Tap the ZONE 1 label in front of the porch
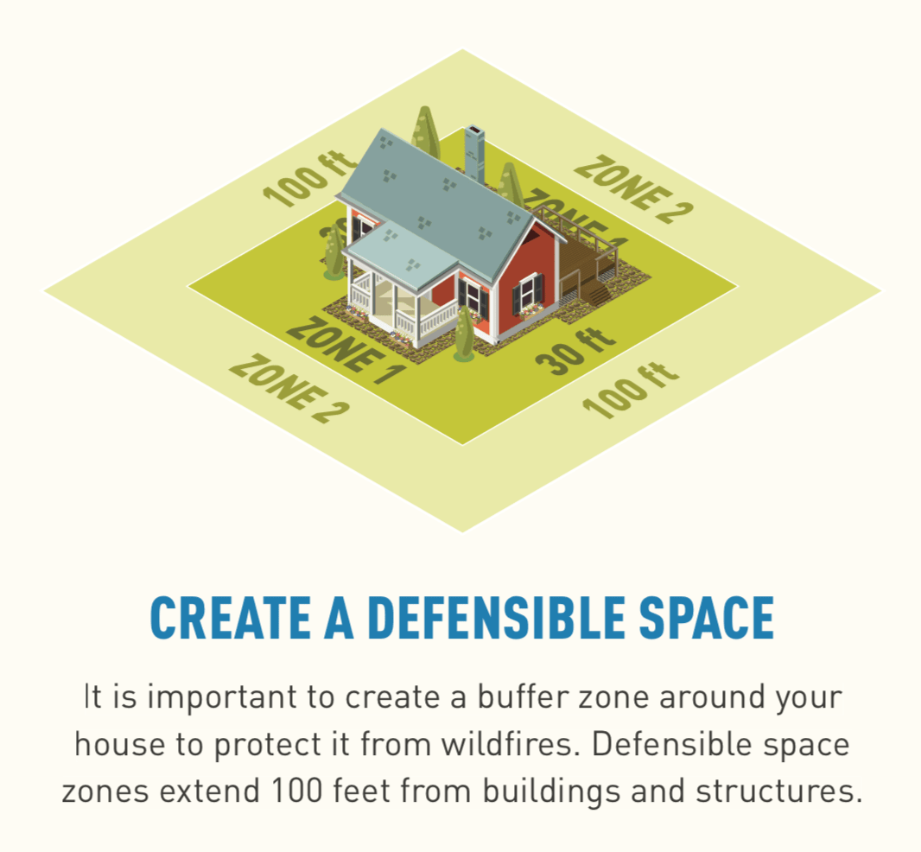[345, 347]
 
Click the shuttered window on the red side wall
[528, 293]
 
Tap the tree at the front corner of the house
[465, 333]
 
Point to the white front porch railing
[436, 320]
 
